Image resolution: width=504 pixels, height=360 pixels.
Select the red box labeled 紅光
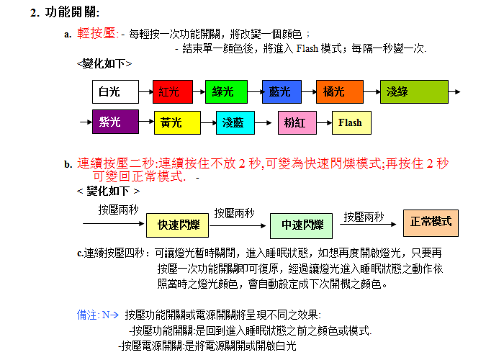point(173,91)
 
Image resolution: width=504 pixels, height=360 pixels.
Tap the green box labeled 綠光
point(225,91)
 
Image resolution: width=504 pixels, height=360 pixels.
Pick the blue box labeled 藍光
point(281,91)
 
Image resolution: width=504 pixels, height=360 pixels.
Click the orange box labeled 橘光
point(335,91)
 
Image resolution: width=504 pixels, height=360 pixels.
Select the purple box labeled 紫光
point(115,122)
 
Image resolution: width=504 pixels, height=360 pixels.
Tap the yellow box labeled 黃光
point(176,122)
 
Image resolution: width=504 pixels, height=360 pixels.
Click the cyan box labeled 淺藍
point(235,122)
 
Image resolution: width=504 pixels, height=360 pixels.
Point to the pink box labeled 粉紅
point(297,122)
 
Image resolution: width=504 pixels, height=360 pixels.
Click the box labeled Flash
point(351,122)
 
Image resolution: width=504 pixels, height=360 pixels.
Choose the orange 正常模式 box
point(430,222)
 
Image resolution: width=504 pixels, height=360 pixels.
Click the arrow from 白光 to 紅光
point(145,91)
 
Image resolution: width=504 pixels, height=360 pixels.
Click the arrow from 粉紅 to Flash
point(323,122)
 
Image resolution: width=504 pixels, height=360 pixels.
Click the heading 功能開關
point(72,12)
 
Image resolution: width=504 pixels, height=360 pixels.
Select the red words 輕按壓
point(96,33)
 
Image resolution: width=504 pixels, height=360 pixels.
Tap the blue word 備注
point(87,315)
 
